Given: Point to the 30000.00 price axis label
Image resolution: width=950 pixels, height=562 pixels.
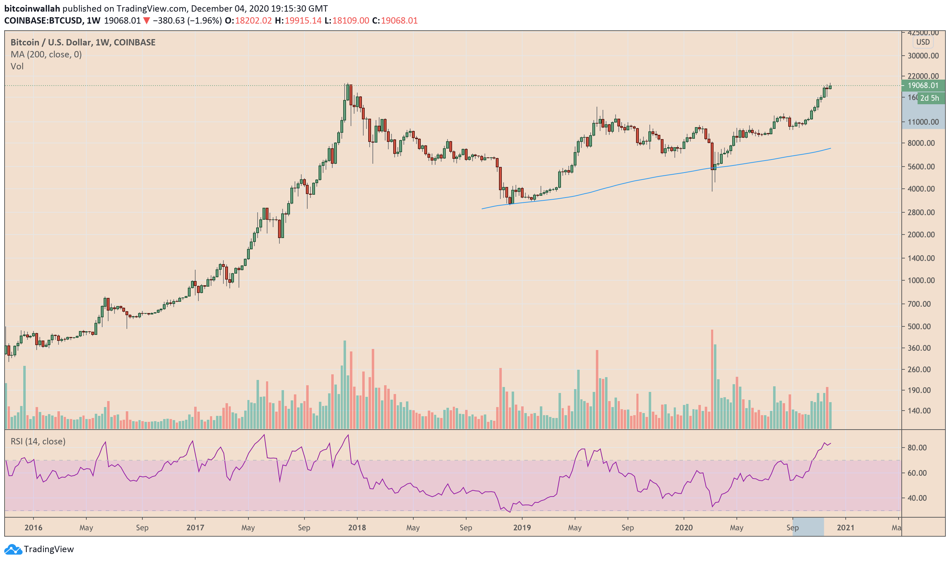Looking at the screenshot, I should (923, 56).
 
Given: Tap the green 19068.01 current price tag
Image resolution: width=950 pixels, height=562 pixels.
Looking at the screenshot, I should (923, 86).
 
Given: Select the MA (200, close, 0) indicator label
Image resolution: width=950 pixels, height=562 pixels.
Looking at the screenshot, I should (46, 55).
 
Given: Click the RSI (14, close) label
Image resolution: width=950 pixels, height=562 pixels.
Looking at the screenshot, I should (38, 441).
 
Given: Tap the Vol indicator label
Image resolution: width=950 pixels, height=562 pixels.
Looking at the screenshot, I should (17, 67).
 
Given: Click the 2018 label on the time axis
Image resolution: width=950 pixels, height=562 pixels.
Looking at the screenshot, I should (357, 527).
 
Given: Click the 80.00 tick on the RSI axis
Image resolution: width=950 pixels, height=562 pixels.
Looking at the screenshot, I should (917, 448).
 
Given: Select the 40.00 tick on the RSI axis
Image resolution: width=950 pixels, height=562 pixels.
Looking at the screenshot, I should (917, 498).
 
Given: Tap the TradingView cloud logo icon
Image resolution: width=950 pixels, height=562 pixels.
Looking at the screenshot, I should (13, 549).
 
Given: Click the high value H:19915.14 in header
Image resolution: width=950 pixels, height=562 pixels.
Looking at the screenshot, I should (298, 20).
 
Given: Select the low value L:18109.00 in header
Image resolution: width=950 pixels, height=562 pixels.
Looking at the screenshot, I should (346, 20).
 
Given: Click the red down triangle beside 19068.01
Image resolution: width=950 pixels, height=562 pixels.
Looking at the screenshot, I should (146, 20).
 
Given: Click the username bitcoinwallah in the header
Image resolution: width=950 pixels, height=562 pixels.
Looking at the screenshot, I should (32, 8).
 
